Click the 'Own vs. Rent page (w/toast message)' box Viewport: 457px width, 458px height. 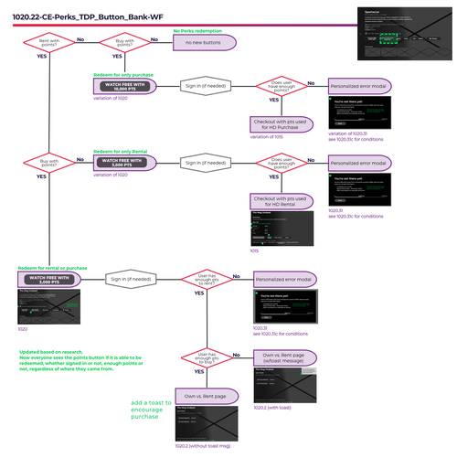click(282, 357)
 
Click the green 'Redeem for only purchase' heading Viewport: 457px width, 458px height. click(124, 74)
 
